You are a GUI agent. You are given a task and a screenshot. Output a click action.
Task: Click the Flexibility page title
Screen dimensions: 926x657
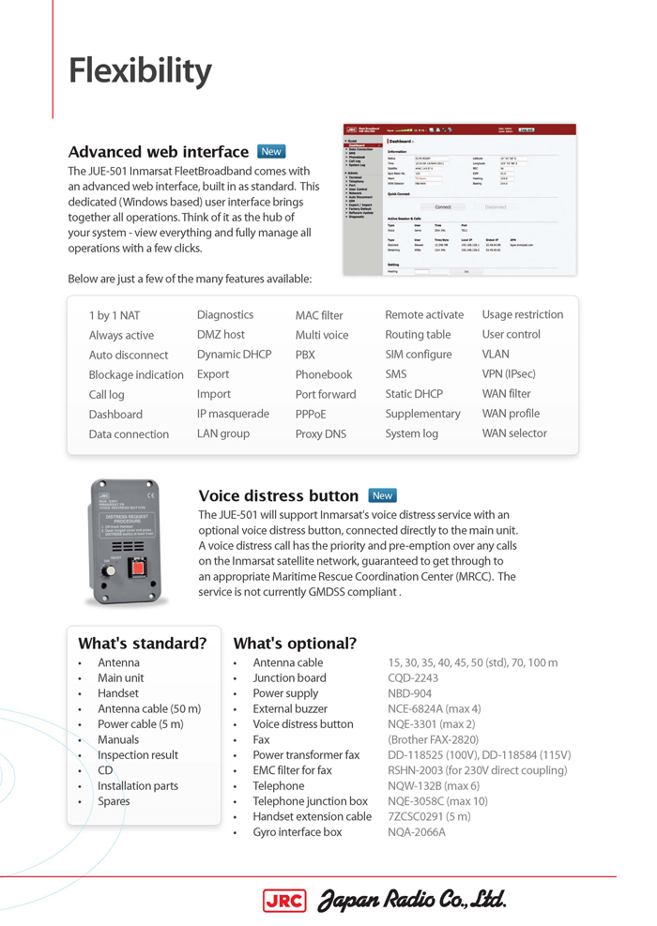point(140,71)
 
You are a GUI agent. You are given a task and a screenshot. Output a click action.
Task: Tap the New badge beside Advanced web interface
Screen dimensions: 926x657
point(271,151)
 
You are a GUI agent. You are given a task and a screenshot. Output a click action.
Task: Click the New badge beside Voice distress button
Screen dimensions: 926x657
point(382,495)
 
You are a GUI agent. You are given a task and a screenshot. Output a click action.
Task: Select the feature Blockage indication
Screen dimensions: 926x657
point(136,375)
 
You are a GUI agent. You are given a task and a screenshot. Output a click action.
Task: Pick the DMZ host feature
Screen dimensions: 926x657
point(221,335)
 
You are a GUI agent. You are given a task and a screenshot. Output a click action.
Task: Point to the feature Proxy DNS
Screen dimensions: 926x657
point(321,434)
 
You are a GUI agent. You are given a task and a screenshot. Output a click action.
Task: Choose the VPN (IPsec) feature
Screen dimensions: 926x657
point(509,374)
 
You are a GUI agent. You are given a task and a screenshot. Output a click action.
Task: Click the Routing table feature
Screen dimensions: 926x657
point(418,335)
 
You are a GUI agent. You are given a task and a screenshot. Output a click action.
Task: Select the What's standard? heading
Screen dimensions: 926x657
point(142,644)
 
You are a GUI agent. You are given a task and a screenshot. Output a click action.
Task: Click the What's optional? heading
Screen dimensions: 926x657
point(295,644)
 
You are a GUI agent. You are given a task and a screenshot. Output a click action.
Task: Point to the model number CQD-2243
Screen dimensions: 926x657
point(413,678)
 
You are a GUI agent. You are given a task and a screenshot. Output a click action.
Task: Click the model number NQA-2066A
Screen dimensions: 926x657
point(417,832)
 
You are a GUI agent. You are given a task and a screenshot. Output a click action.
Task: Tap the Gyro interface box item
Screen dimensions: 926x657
point(297,832)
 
